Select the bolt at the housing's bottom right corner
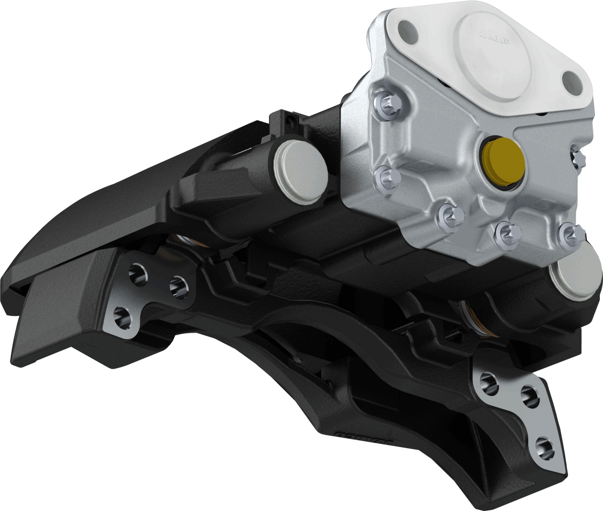point(569,233)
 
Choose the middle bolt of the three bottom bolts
point(506,232)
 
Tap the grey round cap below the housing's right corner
point(577,275)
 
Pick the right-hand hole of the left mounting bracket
point(179,288)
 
